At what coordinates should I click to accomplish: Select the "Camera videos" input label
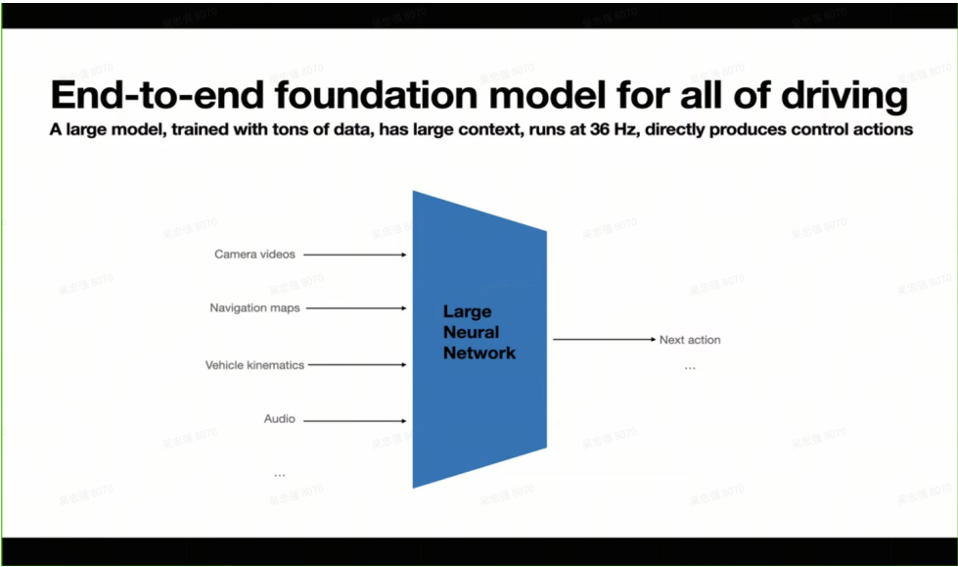click(x=254, y=255)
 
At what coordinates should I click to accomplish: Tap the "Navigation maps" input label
click(x=254, y=307)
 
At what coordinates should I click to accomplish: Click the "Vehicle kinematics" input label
click(x=254, y=365)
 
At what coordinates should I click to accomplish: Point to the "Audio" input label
click(x=279, y=419)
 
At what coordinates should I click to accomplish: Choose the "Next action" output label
click(x=690, y=340)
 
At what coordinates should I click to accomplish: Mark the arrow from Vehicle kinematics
click(x=357, y=365)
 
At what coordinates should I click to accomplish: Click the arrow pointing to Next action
click(x=603, y=340)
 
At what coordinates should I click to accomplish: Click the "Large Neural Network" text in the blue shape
click(x=479, y=332)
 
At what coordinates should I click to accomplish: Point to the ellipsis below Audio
click(x=279, y=475)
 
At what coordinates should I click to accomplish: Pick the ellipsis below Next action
click(x=690, y=368)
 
